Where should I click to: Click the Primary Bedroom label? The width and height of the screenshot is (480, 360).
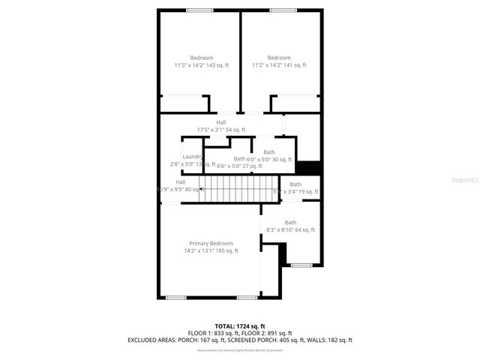211,243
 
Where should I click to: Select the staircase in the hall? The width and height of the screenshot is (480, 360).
233,189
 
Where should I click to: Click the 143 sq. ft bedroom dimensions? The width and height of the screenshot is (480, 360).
202,65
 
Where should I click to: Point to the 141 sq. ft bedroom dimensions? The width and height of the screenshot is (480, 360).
278,65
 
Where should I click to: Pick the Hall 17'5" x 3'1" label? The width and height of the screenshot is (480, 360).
221,126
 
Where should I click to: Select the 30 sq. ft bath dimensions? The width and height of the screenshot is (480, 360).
269,159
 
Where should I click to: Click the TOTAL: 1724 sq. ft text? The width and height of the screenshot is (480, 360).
239,326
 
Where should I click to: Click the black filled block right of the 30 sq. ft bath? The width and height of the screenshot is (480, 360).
308,167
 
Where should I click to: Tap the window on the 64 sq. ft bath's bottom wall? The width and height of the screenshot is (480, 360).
301,265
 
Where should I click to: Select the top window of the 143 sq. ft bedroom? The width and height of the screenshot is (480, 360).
199,10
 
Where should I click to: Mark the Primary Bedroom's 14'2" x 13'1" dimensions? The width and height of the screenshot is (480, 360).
211,250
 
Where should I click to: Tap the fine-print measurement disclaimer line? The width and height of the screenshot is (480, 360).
239,350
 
